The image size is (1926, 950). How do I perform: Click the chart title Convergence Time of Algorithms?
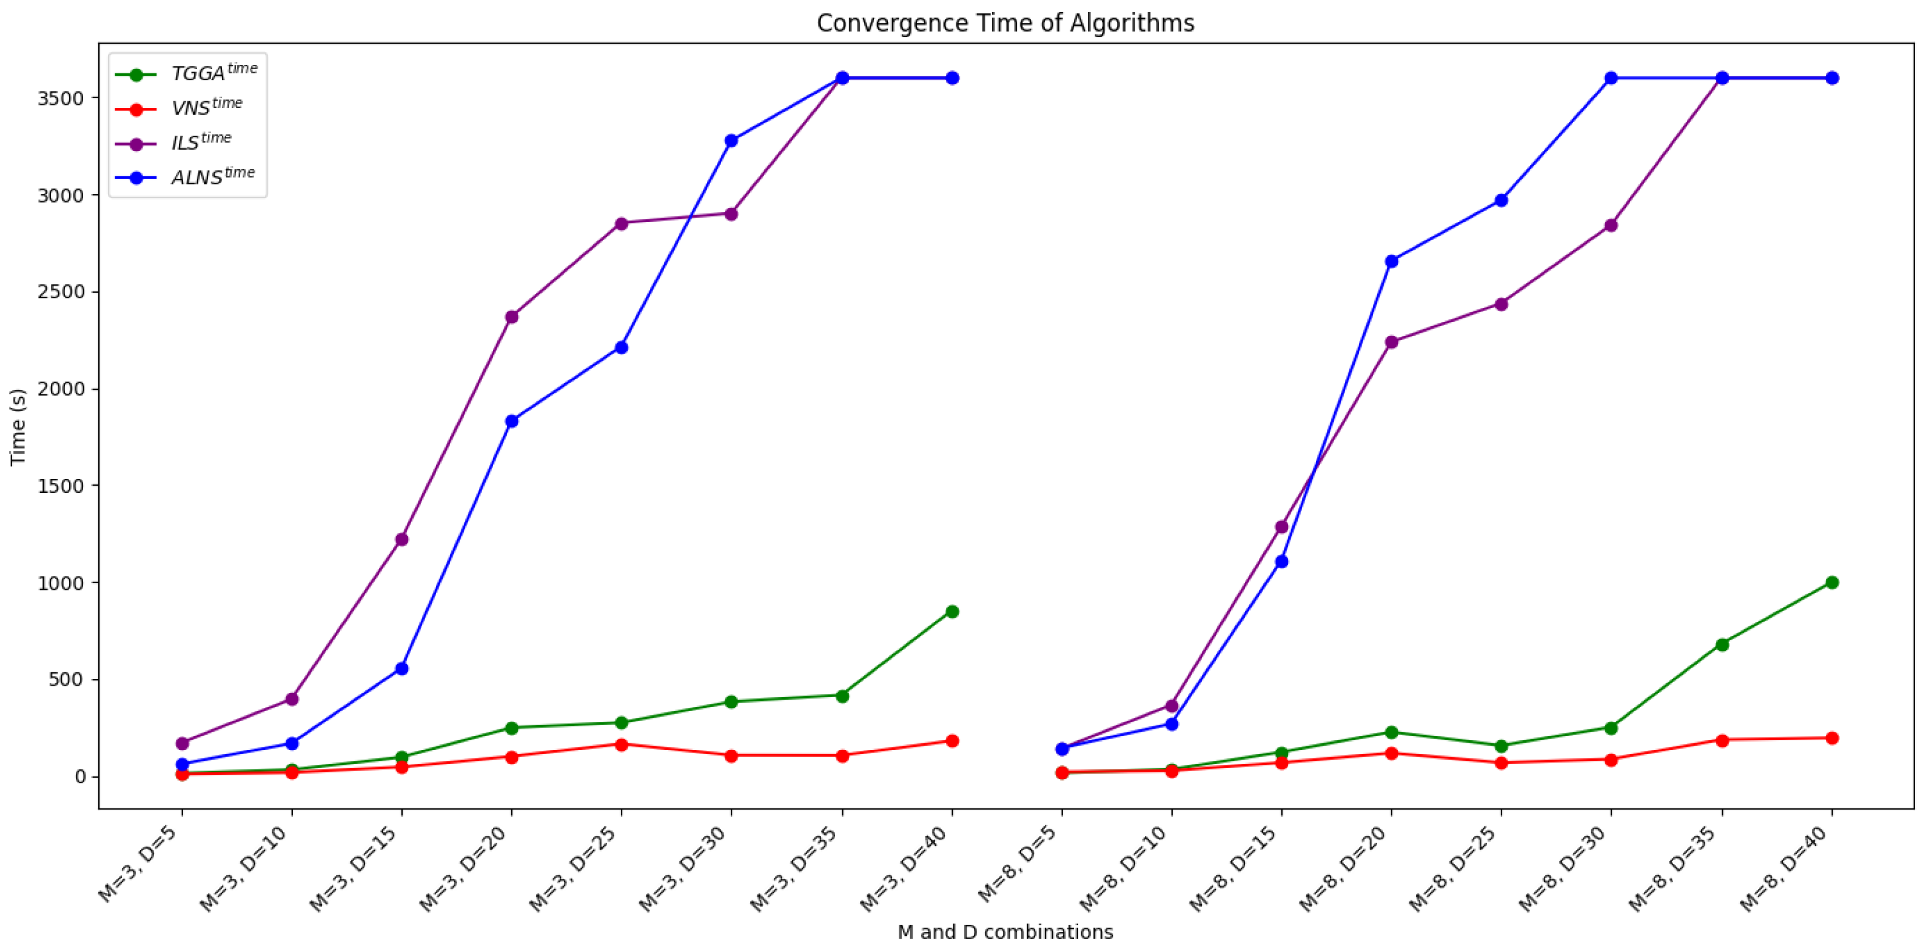pos(1005,23)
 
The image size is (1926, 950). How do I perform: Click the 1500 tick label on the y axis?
pos(61,485)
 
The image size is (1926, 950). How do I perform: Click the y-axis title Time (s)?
pos(18,426)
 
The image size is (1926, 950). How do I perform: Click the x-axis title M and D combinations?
pos(1005,932)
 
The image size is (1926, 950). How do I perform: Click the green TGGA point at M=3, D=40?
pos(952,612)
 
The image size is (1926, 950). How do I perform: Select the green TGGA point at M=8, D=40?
pos(1832,582)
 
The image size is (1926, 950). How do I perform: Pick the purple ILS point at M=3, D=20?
pos(511,317)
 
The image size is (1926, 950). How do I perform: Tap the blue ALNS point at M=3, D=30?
pos(731,141)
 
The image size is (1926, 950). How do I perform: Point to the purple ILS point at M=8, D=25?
pos(1500,304)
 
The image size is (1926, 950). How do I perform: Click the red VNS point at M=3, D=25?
pos(622,744)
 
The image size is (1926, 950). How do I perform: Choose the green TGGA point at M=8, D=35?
pos(1722,644)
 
